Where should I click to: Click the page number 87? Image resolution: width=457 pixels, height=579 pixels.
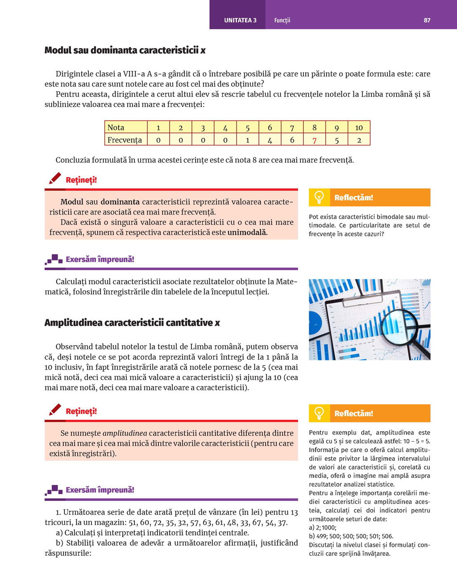click(x=427, y=20)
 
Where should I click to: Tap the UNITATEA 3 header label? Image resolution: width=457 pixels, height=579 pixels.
click(x=240, y=20)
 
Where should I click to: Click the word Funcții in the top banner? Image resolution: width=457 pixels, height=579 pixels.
click(x=282, y=20)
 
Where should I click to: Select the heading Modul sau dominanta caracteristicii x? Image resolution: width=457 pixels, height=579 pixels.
click(x=125, y=50)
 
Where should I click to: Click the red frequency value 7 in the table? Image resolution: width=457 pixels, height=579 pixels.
click(x=315, y=140)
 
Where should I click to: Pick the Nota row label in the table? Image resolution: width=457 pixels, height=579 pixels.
click(x=116, y=128)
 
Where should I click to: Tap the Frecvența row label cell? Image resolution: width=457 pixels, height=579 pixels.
click(x=125, y=140)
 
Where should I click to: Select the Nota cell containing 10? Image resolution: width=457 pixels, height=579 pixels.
click(x=359, y=128)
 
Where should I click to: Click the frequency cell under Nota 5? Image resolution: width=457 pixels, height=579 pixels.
click(x=248, y=140)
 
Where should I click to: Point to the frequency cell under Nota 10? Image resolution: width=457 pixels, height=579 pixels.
click(x=359, y=140)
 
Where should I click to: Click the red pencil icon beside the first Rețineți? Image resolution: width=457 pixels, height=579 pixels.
click(x=55, y=178)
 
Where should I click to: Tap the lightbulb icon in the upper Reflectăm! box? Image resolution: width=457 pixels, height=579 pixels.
click(x=319, y=197)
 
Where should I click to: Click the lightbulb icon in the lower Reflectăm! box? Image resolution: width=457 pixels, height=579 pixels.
click(x=319, y=413)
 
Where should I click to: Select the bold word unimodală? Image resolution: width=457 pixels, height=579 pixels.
click(x=248, y=232)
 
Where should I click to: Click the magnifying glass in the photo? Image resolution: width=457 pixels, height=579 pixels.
click(x=402, y=328)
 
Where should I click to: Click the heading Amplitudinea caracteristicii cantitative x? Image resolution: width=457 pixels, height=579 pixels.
click(x=132, y=323)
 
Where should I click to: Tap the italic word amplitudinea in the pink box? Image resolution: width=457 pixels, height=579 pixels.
click(x=125, y=433)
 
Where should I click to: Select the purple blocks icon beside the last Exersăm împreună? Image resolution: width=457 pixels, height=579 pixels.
click(x=54, y=490)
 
